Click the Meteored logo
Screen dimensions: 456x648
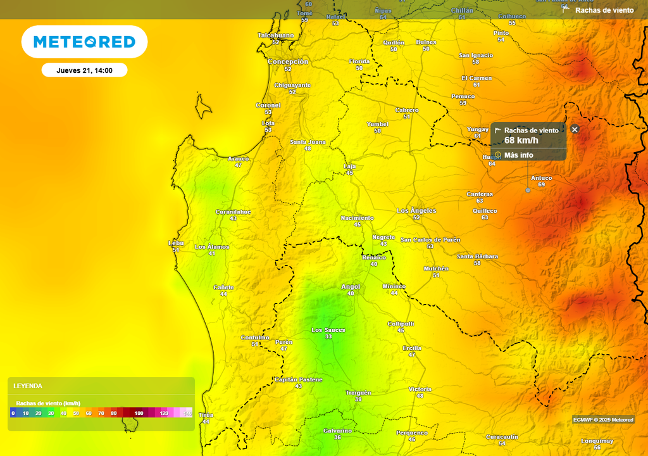point(84,42)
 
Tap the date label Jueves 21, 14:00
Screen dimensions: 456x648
point(84,70)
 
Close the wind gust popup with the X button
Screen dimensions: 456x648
point(575,129)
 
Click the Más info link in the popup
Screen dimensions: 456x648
point(518,155)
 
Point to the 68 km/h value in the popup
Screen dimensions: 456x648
point(521,141)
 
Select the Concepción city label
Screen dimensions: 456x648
point(287,62)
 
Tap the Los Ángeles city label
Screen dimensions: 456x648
point(416,210)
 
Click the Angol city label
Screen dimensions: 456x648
point(350,286)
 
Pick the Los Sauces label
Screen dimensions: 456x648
point(328,330)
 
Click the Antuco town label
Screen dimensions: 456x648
point(541,178)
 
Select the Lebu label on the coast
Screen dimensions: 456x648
point(176,243)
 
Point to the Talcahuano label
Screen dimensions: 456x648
point(275,35)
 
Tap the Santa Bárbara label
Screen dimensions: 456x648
point(477,256)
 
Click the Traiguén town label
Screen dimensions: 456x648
point(358,393)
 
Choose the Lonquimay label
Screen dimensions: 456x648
point(597,441)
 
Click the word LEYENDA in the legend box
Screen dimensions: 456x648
point(28,386)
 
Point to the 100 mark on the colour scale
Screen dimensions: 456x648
point(139,413)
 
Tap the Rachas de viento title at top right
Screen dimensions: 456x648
point(604,10)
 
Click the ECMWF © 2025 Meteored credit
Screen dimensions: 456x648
point(603,419)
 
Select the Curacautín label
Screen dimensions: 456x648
point(502,437)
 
